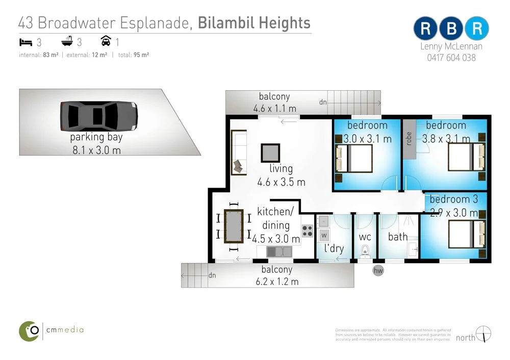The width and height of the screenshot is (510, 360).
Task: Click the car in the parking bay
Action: coord(98,116)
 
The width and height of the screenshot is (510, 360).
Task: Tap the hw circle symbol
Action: coord(378,271)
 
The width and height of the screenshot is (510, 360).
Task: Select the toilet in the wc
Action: coord(364,251)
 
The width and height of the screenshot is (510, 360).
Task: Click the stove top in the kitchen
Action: coord(307,231)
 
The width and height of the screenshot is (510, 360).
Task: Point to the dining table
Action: coord(234,226)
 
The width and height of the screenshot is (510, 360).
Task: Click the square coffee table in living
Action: coord(270,153)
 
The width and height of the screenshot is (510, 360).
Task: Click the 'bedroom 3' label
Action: coord(454,199)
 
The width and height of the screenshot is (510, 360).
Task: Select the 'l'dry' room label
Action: coord(334,249)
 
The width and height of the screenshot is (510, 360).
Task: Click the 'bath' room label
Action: coord(398,237)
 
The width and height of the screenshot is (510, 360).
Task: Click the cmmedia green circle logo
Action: coord(30,331)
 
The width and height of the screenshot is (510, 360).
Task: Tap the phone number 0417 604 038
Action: coord(451,58)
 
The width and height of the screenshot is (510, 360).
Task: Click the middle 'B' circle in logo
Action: coord(451,29)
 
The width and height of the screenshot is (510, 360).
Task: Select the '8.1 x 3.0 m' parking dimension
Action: coord(96,150)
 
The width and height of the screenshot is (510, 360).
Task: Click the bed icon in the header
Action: coord(25,42)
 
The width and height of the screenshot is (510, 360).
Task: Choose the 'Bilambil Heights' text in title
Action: coord(254,23)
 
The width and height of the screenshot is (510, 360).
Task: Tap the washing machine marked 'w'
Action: coord(323,235)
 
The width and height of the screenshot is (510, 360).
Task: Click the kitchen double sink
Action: coord(278,251)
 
